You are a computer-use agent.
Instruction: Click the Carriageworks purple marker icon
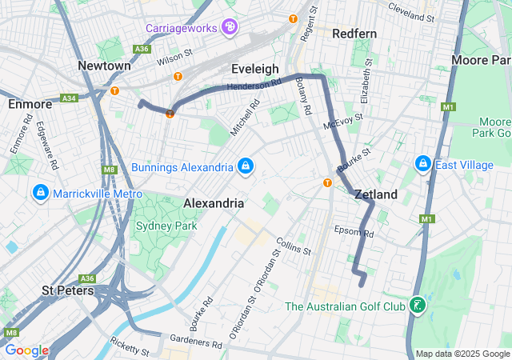click(230, 28)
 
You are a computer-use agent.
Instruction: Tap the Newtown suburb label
click(105, 65)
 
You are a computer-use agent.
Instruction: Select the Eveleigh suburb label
click(254, 69)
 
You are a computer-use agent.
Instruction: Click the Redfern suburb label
click(355, 34)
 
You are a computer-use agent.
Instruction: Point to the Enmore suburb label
click(30, 104)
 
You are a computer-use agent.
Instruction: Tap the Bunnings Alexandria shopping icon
click(246, 166)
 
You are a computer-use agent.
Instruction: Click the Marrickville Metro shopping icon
click(40, 194)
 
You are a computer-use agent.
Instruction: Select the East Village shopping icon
click(422, 164)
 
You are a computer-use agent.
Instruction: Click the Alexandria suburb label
click(214, 203)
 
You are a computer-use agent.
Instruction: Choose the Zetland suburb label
click(375, 194)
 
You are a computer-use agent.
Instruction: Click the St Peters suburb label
click(67, 290)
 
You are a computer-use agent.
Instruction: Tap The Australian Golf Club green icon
click(416, 306)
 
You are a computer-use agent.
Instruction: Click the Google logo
click(26, 350)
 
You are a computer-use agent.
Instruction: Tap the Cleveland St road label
click(411, 11)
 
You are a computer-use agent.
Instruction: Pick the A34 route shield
click(69, 98)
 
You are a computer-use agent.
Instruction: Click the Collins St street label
click(293, 246)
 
